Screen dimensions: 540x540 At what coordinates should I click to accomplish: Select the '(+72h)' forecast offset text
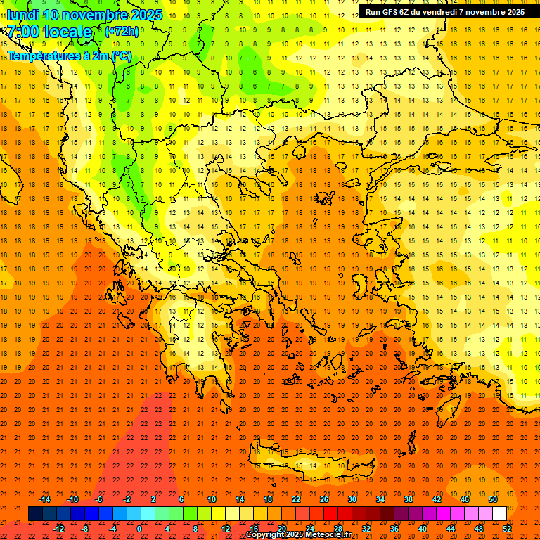121,32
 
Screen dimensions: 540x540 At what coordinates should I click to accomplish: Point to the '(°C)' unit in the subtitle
121,56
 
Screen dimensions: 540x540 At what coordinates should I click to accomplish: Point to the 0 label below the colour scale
139,529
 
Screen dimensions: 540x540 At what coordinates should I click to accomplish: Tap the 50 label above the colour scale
492,499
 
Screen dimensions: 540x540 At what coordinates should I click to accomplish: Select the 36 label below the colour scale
394,529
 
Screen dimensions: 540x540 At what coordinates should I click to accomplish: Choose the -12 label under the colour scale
59,529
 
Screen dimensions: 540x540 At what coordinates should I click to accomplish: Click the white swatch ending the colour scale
499,514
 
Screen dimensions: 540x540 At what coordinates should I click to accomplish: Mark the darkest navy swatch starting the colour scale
35,514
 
